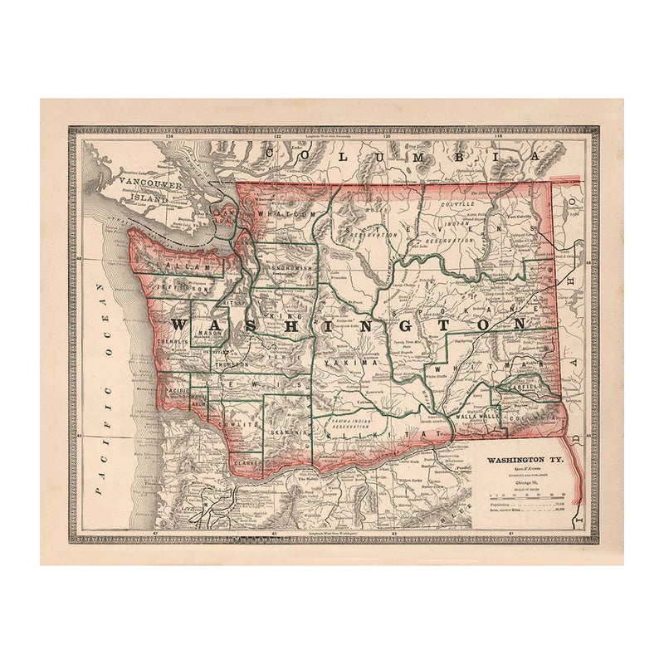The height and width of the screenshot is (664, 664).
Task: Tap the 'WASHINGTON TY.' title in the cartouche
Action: pyautogui.click(x=520, y=460)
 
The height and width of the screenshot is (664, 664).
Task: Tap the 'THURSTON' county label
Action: pyautogui.click(x=231, y=364)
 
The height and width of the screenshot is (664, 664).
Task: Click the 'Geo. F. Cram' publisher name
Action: pyautogui.click(x=520, y=471)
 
